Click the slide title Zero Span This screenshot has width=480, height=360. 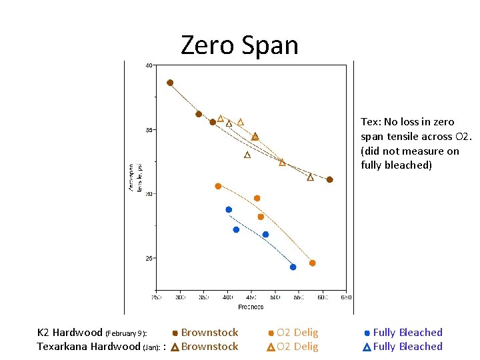coord(239,45)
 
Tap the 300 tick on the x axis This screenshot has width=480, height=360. coord(180,297)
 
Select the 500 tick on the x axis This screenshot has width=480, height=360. coord(275,297)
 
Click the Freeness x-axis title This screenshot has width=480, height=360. coord(251,307)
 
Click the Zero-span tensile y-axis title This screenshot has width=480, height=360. coord(135,177)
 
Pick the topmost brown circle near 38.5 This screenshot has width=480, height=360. coord(170,83)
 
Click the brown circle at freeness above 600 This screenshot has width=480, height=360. coord(329,179)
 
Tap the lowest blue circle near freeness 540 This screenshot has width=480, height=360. coord(293,267)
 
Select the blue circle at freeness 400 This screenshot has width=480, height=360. coord(229,209)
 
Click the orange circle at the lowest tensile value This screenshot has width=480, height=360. coord(312,263)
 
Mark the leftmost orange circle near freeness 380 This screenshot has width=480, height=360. coord(218,186)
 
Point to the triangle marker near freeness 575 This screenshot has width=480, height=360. coord(310,177)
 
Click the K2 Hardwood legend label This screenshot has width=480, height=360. coord(69,333)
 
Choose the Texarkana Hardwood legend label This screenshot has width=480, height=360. coord(88,347)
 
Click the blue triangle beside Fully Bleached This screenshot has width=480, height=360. coord(367,347)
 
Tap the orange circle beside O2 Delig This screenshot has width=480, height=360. coord(271,333)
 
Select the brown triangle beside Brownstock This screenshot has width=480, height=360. coord(175,347)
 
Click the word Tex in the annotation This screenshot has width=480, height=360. coord(369,122)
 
